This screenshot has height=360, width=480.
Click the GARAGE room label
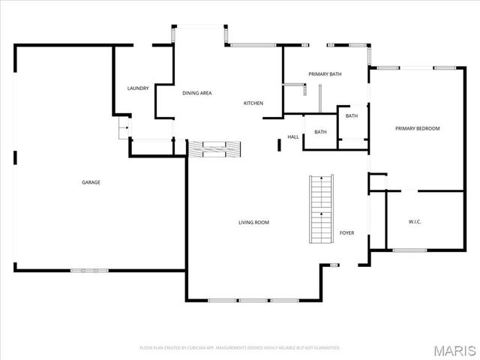click(x=91, y=182)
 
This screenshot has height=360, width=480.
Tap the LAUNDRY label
click(x=138, y=88)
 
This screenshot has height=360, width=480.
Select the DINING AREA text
click(x=197, y=93)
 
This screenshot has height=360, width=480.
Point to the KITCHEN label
click(x=253, y=103)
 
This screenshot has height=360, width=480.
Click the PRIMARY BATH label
click(x=325, y=74)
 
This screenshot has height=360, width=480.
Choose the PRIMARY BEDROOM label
click(x=417, y=128)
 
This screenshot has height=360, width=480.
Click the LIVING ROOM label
click(x=253, y=222)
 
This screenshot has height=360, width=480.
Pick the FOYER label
click(x=346, y=232)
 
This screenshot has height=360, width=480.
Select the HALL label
click(x=293, y=136)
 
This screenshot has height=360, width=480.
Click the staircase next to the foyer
click(x=321, y=209)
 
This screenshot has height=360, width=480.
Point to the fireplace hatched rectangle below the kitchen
click(x=214, y=148)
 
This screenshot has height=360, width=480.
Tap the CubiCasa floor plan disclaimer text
click(x=240, y=348)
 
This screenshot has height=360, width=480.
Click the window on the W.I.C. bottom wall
click(x=409, y=250)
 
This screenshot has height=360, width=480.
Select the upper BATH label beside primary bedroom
click(x=352, y=116)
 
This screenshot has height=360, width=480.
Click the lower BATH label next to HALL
click(x=320, y=133)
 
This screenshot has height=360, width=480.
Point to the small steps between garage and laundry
click(x=122, y=132)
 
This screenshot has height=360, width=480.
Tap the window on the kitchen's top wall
click(x=253, y=46)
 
